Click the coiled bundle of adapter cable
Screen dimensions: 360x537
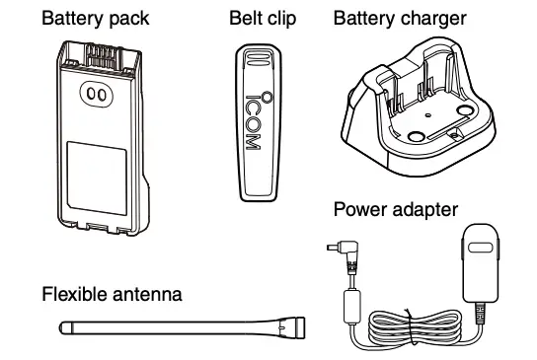click(x=415, y=325)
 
